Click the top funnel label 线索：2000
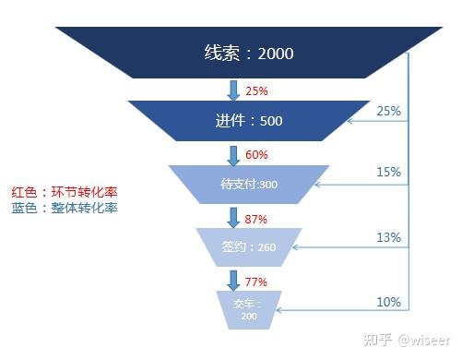coord(248,53)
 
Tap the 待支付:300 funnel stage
coord(249,185)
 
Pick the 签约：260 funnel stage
coord(249,246)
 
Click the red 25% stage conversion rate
coord(257,91)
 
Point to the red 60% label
coord(257,154)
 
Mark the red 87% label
coord(257,219)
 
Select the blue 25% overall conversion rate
coord(388,111)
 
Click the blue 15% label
coord(388,172)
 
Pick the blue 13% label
coord(388,237)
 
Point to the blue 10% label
coord(388,301)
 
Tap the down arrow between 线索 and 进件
coord(232,90)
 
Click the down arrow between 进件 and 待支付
coord(232,153)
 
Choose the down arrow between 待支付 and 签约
coord(232,218)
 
